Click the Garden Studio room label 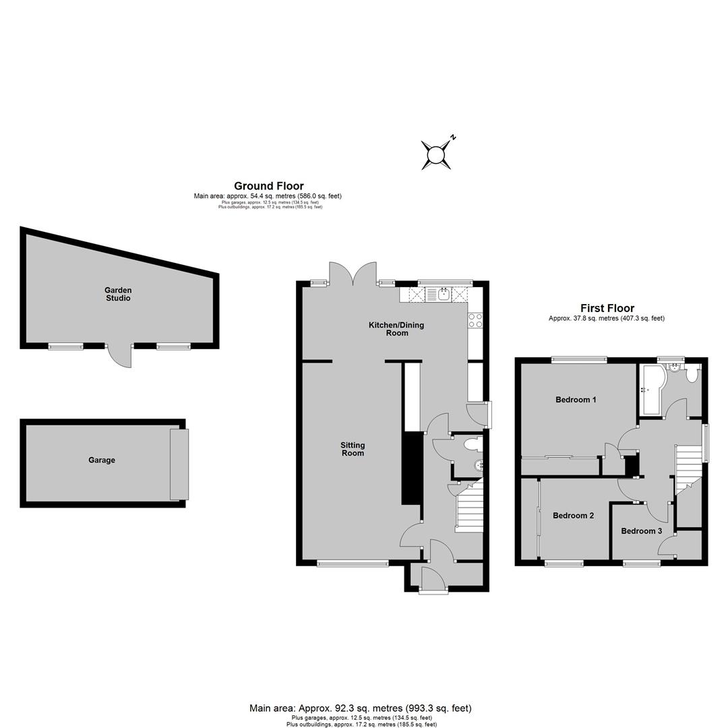click(118, 295)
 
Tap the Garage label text click(102, 460)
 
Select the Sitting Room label click(353, 449)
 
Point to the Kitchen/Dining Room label click(396, 329)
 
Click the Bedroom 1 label click(576, 399)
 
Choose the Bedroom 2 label click(574, 516)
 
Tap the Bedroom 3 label click(642, 530)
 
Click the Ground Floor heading click(269, 186)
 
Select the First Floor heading click(607, 308)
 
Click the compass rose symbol click(436, 155)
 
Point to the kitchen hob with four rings click(475, 320)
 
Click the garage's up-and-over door click(179, 464)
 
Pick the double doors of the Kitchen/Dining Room click(353, 274)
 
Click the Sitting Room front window click(353, 564)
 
